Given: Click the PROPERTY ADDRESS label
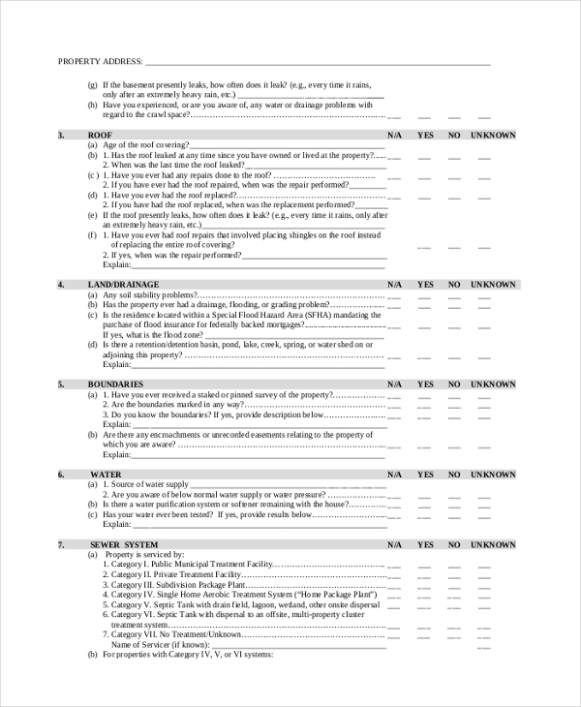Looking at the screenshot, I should pos(100,62).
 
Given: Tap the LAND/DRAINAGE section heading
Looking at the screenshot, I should pos(116,285).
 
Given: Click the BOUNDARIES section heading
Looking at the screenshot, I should pos(115,384).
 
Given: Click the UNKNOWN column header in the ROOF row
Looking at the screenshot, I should pos(493,136).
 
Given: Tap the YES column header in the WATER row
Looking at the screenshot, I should pos(425,475).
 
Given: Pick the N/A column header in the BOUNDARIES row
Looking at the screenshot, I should pos(394,384).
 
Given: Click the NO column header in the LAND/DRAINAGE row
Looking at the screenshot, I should pos(453,285).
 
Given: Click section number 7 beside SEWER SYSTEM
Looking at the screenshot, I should pos(61,545).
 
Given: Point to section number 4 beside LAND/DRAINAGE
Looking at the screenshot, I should pos(61,285).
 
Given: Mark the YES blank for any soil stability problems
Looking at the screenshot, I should pos(425,297).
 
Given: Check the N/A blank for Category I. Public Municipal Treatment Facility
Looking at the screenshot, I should pos(394,567).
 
